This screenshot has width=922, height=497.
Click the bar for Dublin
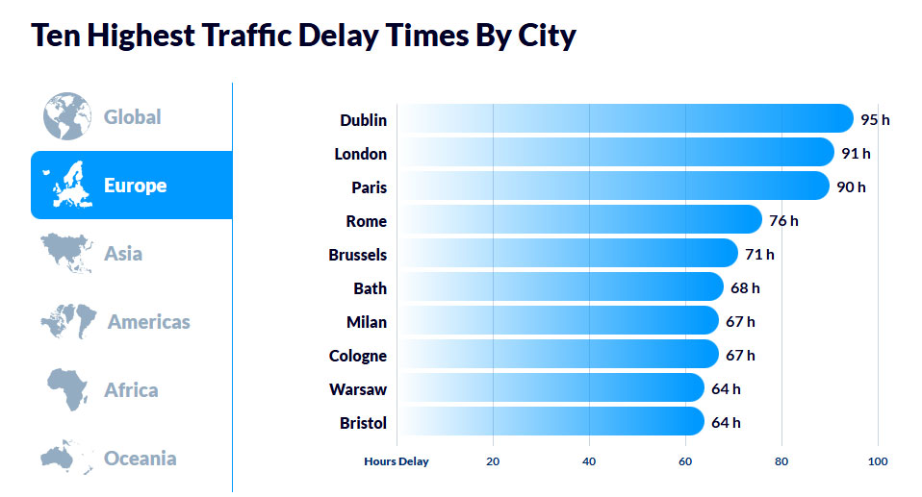tap(626, 119)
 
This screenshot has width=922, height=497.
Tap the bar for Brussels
tap(568, 254)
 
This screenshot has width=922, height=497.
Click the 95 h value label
tap(875, 120)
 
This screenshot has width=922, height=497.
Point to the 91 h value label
tap(856, 154)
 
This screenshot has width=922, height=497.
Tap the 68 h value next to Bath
tap(745, 287)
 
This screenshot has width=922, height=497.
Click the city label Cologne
tap(357, 356)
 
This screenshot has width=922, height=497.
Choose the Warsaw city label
tap(357, 389)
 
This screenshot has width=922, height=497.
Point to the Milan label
tap(367, 322)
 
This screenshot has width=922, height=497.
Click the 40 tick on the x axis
tap(589, 461)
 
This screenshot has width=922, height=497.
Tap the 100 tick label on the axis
tap(878, 461)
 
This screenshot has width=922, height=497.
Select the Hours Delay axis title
tap(397, 461)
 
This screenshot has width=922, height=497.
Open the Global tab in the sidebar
tap(132, 117)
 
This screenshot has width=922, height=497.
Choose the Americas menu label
tap(148, 322)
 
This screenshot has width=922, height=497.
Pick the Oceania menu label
tap(140, 458)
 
